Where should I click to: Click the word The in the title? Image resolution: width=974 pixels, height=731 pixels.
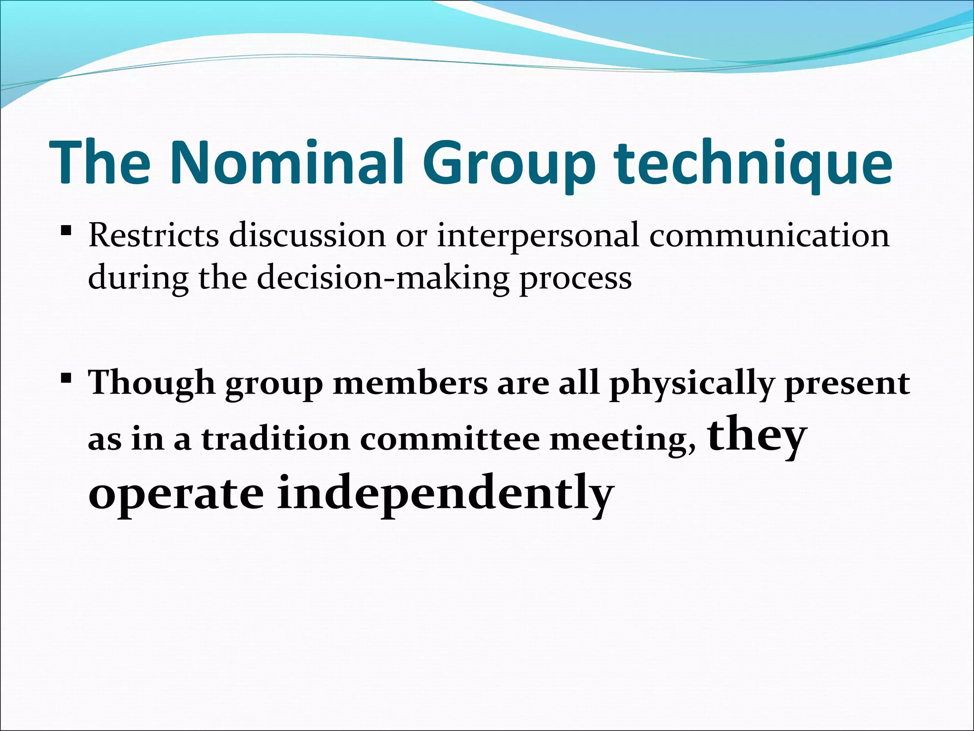tap(99, 162)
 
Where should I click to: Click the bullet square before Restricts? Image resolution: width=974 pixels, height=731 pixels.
tap(66, 232)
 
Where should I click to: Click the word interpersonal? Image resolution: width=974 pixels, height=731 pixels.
tap(538, 237)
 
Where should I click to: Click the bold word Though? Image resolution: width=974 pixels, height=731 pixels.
tap(152, 384)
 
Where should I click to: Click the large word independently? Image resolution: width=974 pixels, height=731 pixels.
tap(444, 495)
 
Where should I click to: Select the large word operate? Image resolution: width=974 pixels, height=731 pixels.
tap(176, 495)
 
